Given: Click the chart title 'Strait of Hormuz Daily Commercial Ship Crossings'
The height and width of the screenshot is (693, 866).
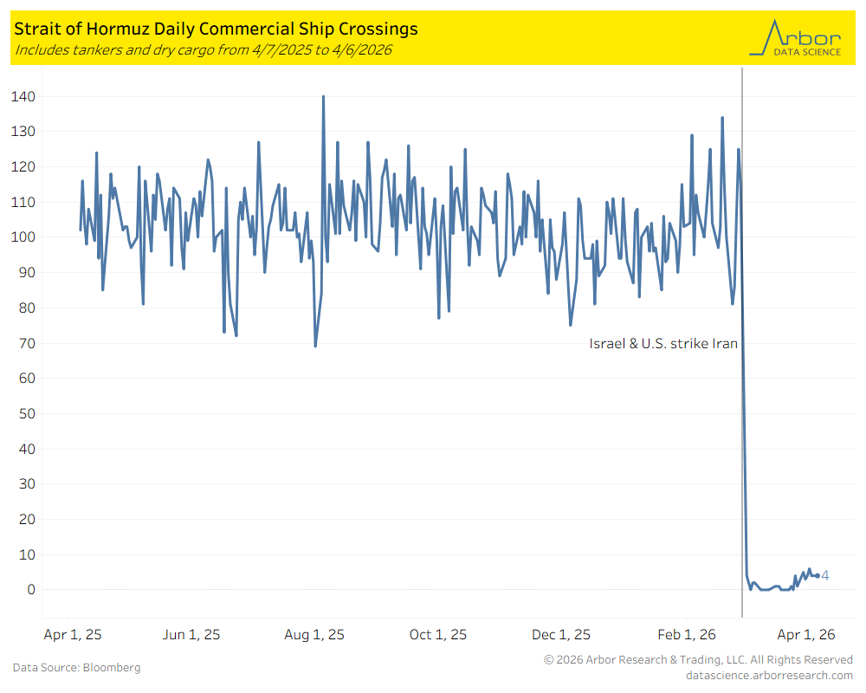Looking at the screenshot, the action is coord(216,29).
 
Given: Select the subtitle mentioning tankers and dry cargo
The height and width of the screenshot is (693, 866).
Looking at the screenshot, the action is coord(204,49).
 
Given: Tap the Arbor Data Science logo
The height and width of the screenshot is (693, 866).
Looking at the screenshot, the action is coord(795,38).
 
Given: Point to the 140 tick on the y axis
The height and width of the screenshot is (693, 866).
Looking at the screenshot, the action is coord(23,97).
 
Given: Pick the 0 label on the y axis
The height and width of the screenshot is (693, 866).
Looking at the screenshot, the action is coord(31,590).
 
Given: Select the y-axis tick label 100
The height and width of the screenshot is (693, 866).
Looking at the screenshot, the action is coord(23,237).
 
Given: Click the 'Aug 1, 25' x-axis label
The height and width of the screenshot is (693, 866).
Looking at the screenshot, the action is coord(314,634).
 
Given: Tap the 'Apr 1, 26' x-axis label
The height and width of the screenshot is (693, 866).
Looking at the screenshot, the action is coord(806,634).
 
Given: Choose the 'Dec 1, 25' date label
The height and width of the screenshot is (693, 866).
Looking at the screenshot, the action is coord(561,634).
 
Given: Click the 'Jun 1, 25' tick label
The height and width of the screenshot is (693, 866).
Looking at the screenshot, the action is coord(191,634).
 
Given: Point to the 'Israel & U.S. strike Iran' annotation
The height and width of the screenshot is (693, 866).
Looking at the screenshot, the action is coord(663,344).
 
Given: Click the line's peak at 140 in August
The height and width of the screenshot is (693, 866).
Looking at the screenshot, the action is coord(323,97).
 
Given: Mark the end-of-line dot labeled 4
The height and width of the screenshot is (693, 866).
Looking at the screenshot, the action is coord(818,576).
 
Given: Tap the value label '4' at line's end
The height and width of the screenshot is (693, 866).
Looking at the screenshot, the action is coord(825,576).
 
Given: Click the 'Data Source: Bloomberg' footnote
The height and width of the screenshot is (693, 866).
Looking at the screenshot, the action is coord(77,668).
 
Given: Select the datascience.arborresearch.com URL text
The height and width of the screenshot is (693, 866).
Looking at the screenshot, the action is coord(769,676).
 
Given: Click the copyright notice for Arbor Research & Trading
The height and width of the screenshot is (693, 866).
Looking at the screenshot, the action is coord(699,660).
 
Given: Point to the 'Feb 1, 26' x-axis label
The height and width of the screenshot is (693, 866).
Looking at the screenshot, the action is coord(687,634).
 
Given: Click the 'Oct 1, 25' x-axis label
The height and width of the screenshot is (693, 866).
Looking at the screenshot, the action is coord(438,634).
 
